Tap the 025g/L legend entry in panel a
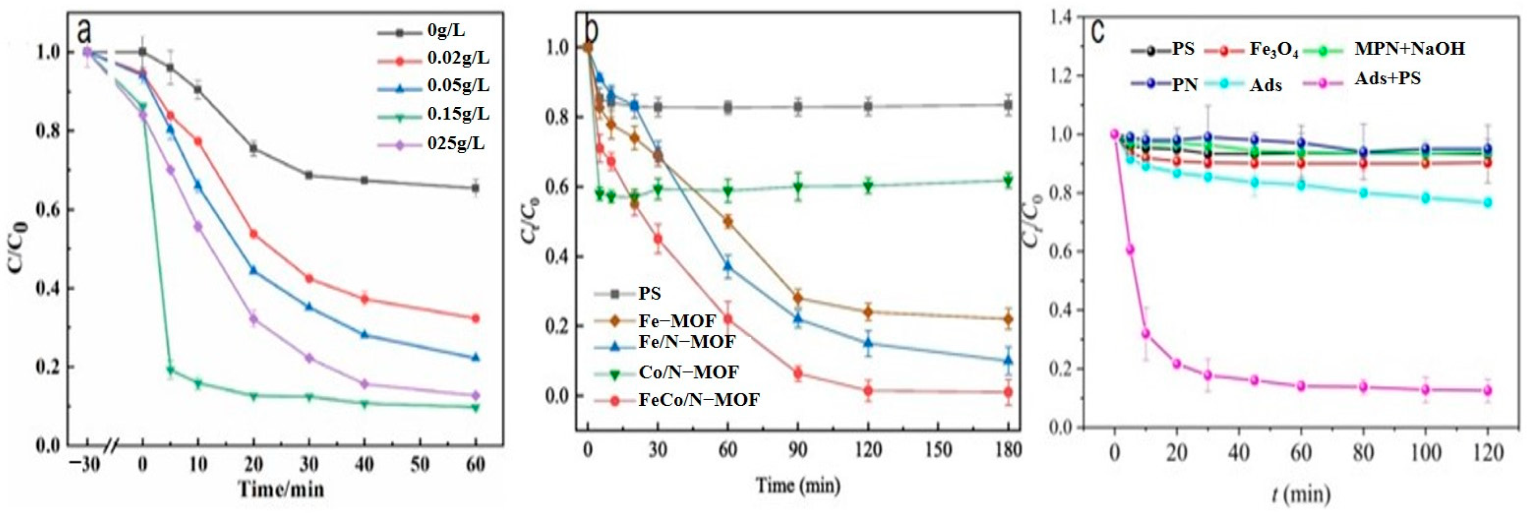click(455, 144)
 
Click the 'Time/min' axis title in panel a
click(281, 489)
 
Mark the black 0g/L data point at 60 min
click(475, 188)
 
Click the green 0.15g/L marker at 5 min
click(170, 370)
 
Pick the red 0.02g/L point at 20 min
click(253, 234)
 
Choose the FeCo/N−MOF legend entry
click(699, 400)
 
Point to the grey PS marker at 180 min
click(1007, 105)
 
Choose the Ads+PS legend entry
click(1387, 78)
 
